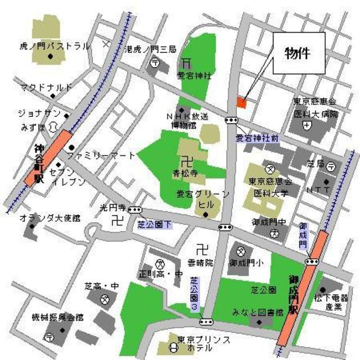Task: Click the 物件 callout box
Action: pos(300,53)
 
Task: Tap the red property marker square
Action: pos(241,102)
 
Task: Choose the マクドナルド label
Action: pos(46,88)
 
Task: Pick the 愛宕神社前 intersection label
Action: pos(256,137)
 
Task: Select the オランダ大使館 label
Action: pos(49,217)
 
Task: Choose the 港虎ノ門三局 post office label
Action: pos(150,49)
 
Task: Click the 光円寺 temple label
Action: pos(111,207)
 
